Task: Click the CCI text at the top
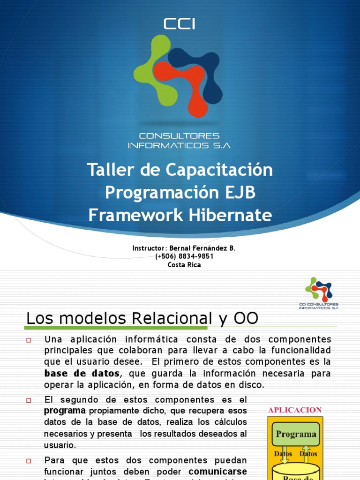point(180,24)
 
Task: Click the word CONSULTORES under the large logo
point(180,136)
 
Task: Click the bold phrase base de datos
point(82,374)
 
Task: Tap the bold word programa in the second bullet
point(65,411)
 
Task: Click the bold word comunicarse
point(217,471)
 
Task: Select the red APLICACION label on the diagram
point(295,410)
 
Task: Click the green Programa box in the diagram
point(296,434)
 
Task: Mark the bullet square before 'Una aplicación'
point(29,340)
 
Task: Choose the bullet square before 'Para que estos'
point(29,461)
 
